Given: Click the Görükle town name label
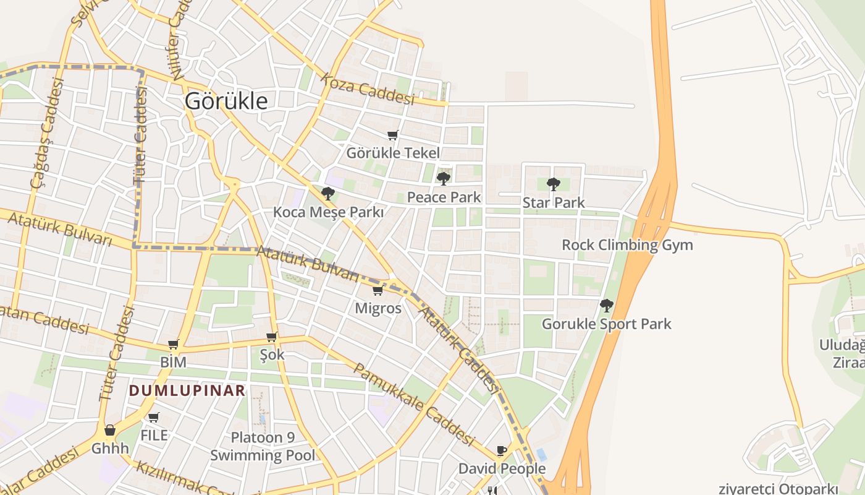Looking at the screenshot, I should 227,101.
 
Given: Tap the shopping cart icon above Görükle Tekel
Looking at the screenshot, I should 392,135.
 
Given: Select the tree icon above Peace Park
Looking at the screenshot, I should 443,179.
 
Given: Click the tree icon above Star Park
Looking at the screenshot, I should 554,184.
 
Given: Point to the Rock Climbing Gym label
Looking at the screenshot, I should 627,245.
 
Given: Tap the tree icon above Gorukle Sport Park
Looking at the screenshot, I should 607,305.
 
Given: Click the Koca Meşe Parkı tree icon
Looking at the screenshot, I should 328,194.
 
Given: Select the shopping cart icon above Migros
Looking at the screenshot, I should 378,290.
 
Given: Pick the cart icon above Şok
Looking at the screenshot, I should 271,337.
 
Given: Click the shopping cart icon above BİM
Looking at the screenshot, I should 173,345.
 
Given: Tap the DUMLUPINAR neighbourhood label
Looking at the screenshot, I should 187,391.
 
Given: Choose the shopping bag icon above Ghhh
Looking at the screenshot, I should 110,430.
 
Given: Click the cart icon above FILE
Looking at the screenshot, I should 154,418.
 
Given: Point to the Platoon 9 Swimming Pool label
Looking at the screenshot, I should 263,447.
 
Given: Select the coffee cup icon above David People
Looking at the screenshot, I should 502,450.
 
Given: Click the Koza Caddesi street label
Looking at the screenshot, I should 367,90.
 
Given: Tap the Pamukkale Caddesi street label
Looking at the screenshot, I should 413,404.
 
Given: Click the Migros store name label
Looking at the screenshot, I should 378,308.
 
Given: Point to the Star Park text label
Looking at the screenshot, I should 554,202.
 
